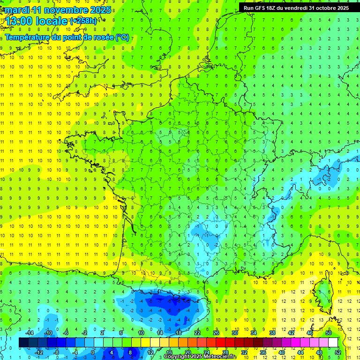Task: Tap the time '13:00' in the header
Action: tap(19, 21)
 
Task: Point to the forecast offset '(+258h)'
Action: tap(84, 21)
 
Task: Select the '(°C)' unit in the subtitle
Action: tap(122, 37)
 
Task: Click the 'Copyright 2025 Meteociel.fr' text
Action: tap(201, 357)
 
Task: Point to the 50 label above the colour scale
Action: tap(329, 333)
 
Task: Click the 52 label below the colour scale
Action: tap(338, 352)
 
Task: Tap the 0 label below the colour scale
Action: tap(93, 352)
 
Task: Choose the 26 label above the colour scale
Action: tap(216, 333)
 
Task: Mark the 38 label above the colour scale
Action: tap(272, 333)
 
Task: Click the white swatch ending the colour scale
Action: tap(333, 343)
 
